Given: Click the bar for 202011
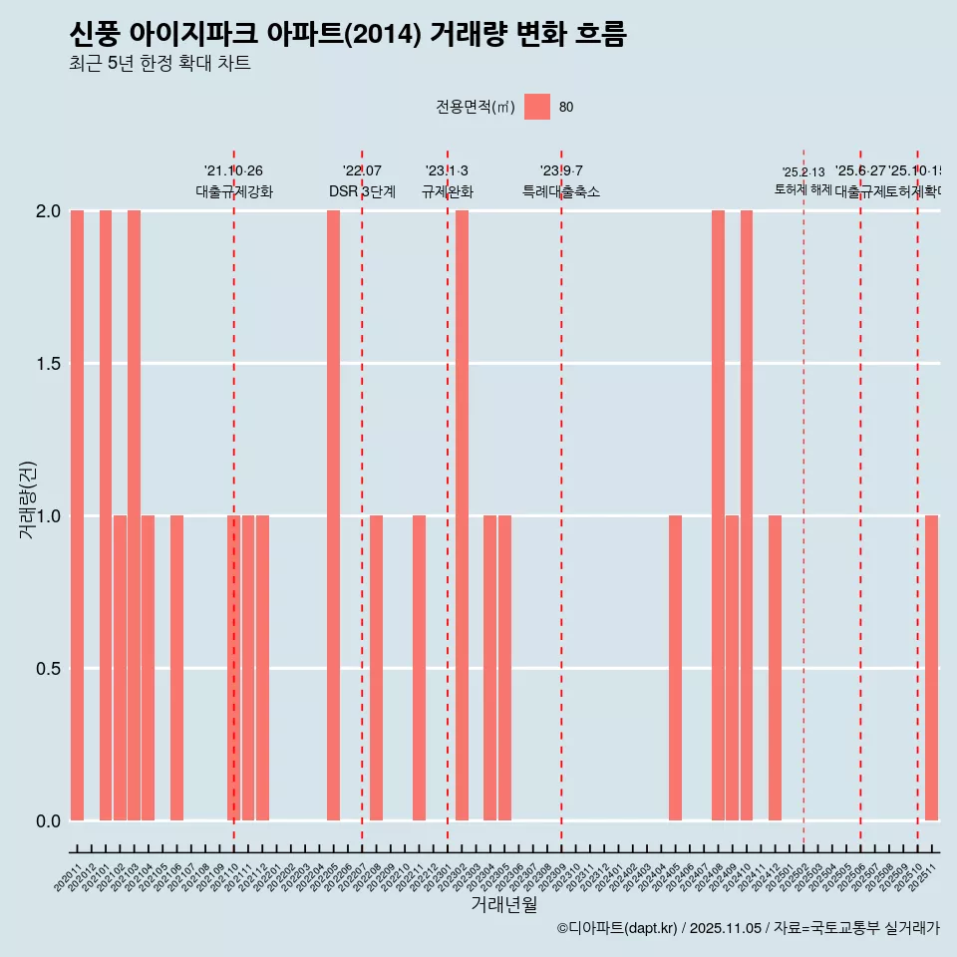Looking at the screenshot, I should [x=77, y=515].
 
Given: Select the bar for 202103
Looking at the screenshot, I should [x=134, y=515].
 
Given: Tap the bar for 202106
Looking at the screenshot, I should [x=176, y=668].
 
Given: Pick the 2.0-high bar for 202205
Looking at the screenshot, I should [x=333, y=515].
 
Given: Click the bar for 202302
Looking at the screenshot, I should [x=462, y=515].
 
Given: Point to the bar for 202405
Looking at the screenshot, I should [x=675, y=668].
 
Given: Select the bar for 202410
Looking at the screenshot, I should [x=747, y=515].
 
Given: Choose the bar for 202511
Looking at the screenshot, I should [x=931, y=668].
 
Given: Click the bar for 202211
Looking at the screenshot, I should [x=419, y=668].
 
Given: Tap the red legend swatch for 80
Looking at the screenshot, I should [x=537, y=107].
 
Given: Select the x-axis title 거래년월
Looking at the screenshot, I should [x=503, y=905].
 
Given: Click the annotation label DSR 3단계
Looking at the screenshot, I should [x=362, y=191].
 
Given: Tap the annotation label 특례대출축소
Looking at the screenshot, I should [x=561, y=191].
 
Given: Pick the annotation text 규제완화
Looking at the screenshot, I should [x=447, y=191].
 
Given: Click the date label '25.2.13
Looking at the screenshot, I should [x=802, y=172].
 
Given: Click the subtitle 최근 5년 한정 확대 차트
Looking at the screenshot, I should [x=159, y=64].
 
